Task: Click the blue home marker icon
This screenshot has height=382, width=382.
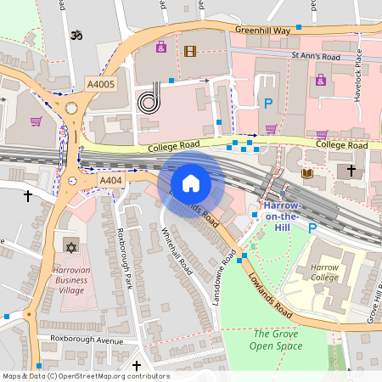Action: (x=191, y=183)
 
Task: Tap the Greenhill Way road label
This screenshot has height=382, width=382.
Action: (x=264, y=30)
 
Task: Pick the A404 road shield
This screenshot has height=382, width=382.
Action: (x=111, y=181)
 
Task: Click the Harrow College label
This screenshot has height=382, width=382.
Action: (x=324, y=272)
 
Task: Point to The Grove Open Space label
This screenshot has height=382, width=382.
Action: (x=277, y=340)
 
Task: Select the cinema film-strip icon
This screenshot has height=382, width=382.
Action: (x=189, y=52)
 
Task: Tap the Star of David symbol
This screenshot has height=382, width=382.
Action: (x=70, y=247)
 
